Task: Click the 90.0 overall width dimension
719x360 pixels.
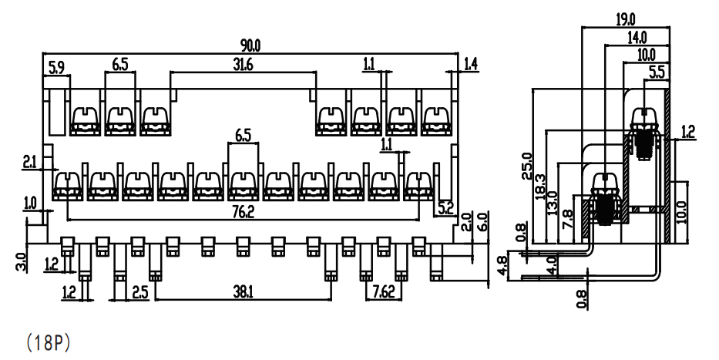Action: pos(250,45)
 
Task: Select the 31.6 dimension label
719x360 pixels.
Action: pos(243,65)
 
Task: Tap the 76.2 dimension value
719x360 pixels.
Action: pos(244,212)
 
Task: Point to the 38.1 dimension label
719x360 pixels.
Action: pos(243,292)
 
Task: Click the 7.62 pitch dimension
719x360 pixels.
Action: pos(384,292)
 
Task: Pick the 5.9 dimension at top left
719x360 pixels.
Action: pos(56,67)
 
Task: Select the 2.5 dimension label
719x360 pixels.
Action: pos(140,292)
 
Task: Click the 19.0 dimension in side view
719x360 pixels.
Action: pos(626,19)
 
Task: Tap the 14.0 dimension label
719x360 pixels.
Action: pos(637,37)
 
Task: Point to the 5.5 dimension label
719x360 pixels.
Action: pos(657,72)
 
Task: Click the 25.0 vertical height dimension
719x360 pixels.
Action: pos(527,166)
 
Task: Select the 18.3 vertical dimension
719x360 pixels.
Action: pos(540,187)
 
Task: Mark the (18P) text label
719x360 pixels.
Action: pos(48,342)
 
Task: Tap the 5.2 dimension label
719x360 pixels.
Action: pos(445,209)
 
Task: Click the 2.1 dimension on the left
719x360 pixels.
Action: pos(30,162)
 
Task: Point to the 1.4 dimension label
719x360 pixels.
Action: pos(471,64)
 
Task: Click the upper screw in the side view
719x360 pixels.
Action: pos(645,134)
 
